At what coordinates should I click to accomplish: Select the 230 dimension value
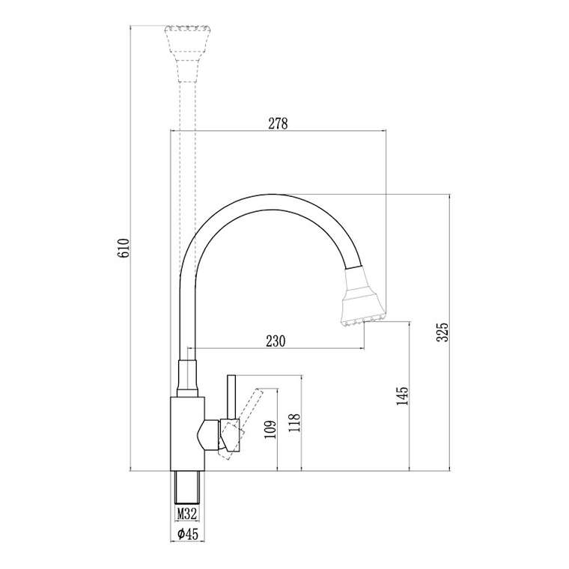pos(276,341)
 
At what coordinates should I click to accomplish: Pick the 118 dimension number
pos(294,425)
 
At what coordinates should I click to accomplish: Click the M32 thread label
pos(186,514)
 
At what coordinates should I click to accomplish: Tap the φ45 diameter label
pos(186,534)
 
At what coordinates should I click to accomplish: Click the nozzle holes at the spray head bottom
pos(364,321)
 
